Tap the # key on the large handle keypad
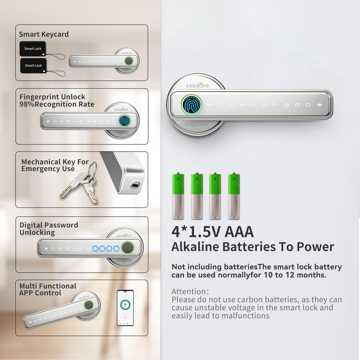click(319, 105)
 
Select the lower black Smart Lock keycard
click(33, 65)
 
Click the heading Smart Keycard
click(44, 35)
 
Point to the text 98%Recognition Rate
click(57, 104)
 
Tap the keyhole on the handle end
click(134, 186)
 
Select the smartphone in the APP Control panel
click(125, 308)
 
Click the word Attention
click(189, 292)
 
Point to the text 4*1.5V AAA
click(212, 232)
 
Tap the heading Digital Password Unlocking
click(49, 229)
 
